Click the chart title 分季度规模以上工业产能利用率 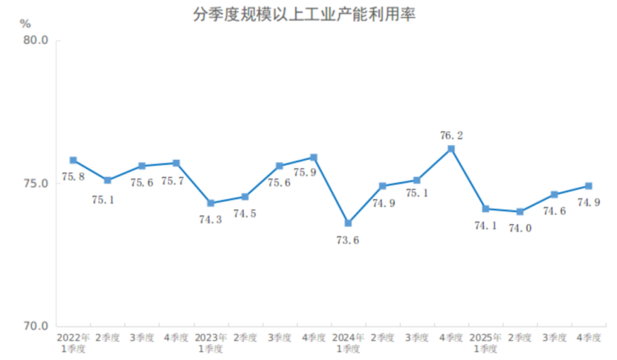click(308, 14)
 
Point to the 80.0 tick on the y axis click(36, 41)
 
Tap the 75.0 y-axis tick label click(36, 184)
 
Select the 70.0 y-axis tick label click(36, 327)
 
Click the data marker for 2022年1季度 click(73, 160)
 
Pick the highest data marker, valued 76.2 click(451, 149)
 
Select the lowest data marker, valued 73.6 click(348, 223)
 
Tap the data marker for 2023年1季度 click(210, 203)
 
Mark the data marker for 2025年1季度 click(485, 209)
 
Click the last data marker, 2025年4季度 click(588, 186)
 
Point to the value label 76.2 click(451, 135)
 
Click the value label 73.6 click(348, 240)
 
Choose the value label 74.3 click(210, 219)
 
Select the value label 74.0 click(520, 228)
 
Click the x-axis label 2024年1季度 click(348, 343)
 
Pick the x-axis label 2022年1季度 click(73, 343)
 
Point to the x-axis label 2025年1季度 click(485, 343)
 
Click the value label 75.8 click(73, 176)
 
